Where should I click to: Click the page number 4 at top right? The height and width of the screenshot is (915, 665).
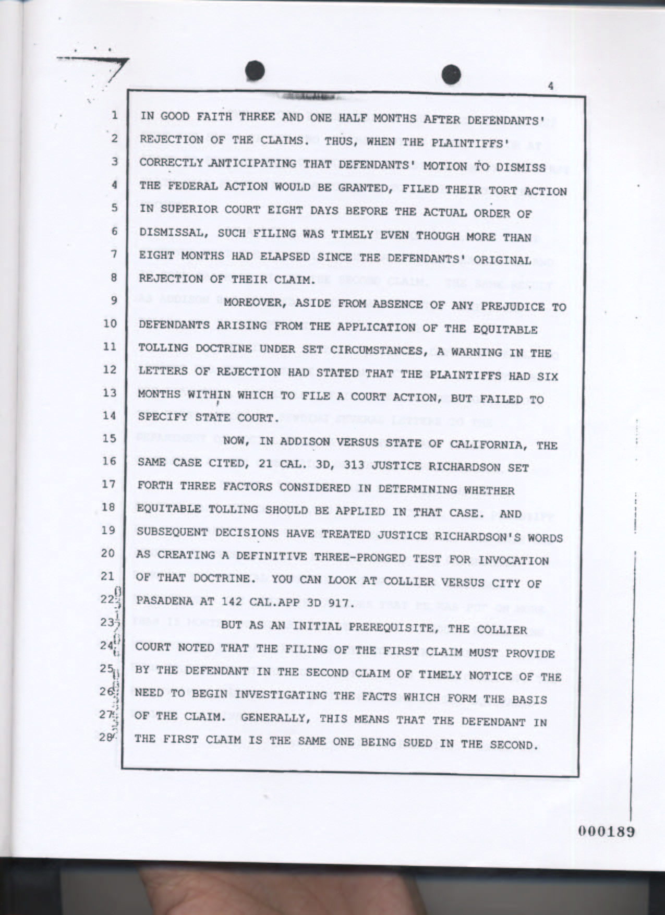pos(551,87)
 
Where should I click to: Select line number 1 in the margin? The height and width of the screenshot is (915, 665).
pos(114,115)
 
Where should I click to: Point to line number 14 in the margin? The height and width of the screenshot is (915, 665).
pos(110,416)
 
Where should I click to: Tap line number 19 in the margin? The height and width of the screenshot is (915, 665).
pos(108,531)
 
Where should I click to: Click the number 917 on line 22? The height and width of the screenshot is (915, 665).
pos(343,604)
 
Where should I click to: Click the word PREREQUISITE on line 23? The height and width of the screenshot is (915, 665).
pos(389,627)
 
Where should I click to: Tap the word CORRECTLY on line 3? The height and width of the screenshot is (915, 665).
pos(171,162)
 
